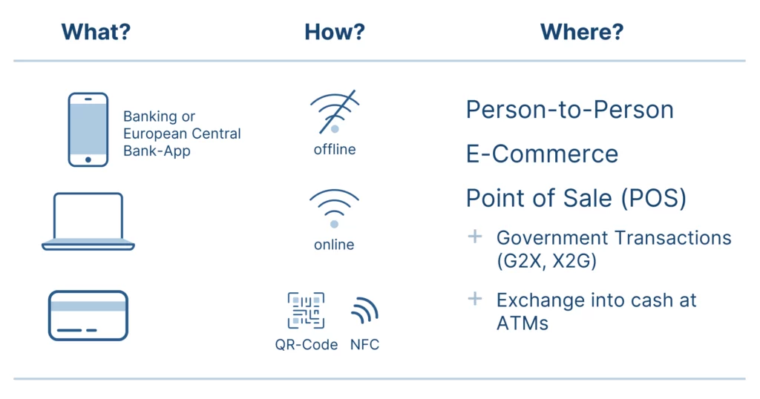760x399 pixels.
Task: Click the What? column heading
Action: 96,32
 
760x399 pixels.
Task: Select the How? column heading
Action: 335,32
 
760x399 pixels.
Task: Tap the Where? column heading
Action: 582,32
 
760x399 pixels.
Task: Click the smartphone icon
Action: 88,130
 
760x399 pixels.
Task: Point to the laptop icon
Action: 88,221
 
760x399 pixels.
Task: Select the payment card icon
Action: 88,316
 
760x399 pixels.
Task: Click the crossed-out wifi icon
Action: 335,111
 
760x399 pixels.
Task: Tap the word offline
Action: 335,150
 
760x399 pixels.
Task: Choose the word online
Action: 334,245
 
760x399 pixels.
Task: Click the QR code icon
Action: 306,311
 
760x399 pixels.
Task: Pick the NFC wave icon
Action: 364,311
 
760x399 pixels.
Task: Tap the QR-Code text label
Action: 307,345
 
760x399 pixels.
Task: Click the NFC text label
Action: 365,345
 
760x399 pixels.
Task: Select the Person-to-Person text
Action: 570,110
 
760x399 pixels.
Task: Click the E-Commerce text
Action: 543,154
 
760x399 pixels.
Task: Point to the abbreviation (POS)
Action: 654,199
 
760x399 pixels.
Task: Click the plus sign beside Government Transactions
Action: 475,237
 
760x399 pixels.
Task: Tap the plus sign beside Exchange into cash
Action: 475,299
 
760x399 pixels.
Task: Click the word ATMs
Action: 522,323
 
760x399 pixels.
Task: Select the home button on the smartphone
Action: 88,159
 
